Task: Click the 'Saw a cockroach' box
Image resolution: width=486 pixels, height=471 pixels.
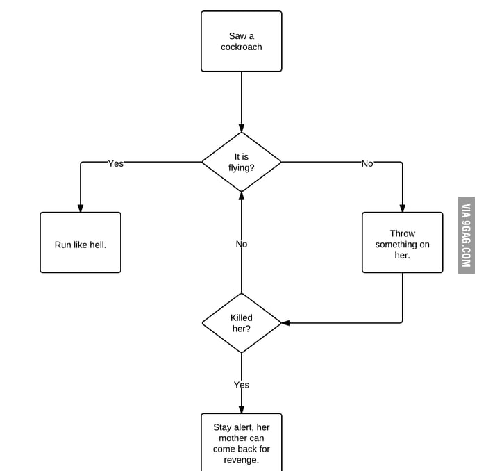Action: point(241,41)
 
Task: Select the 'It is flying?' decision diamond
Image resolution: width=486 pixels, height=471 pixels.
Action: point(241,162)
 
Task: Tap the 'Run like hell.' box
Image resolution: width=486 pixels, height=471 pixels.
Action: point(81,242)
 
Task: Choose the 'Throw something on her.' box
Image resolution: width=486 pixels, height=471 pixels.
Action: point(402,242)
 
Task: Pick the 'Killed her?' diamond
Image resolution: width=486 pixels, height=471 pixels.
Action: point(241,323)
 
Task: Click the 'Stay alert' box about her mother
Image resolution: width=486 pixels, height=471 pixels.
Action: point(241,442)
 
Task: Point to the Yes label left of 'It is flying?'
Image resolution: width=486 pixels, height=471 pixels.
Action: point(115,163)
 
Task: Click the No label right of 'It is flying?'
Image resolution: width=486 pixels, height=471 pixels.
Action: point(367,163)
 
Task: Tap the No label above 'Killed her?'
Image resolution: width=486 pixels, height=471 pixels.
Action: point(241,244)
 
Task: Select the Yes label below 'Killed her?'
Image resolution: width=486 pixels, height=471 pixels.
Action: point(241,385)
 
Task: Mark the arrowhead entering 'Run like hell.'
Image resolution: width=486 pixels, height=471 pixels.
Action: point(81,208)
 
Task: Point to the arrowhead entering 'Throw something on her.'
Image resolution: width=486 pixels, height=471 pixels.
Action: point(402,208)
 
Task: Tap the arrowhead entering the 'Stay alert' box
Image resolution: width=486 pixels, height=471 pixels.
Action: point(241,409)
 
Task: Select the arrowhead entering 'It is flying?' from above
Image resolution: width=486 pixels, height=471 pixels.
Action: point(241,128)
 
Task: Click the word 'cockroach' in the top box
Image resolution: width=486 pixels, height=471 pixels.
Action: point(241,47)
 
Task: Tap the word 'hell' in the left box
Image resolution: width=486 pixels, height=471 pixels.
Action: point(95,245)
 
